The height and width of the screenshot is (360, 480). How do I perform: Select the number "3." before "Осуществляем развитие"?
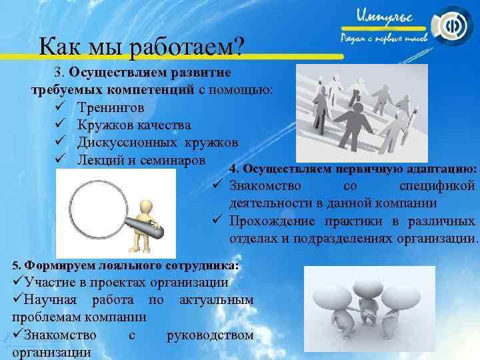[61, 72]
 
